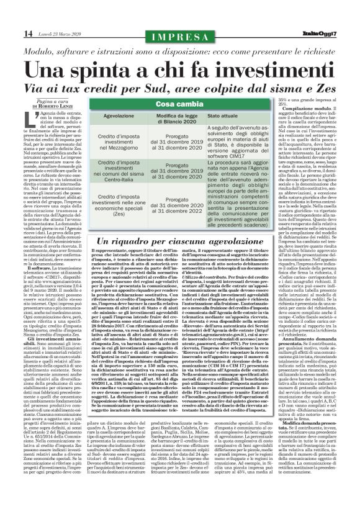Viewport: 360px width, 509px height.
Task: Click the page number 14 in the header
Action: pyautogui.click(x=13, y=32)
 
